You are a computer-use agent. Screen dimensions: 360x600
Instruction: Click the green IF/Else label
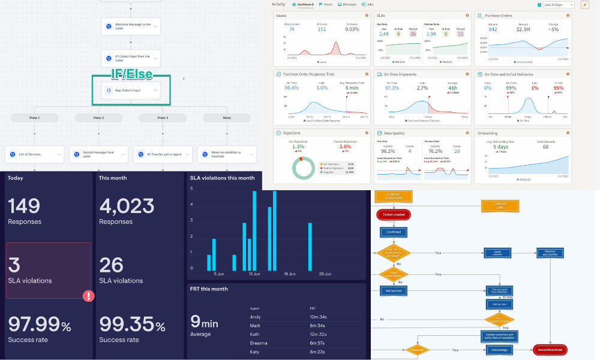132,74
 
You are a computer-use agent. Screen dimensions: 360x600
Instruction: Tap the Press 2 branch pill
98,118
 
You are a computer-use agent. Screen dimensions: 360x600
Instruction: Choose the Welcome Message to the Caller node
131,26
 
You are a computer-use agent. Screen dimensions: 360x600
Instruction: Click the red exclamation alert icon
88,296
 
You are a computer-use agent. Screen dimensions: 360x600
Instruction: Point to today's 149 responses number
24,206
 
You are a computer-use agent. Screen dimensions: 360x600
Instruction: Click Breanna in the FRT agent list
259,343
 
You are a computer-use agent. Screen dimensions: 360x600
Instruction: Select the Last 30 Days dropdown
559,5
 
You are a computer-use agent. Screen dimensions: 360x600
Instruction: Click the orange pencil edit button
585,5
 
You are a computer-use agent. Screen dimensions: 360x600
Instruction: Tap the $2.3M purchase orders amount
523,29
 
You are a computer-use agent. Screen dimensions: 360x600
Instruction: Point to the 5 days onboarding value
502,146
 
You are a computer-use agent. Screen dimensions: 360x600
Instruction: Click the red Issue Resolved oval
549,349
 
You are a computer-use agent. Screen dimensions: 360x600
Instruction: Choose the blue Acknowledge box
499,349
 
